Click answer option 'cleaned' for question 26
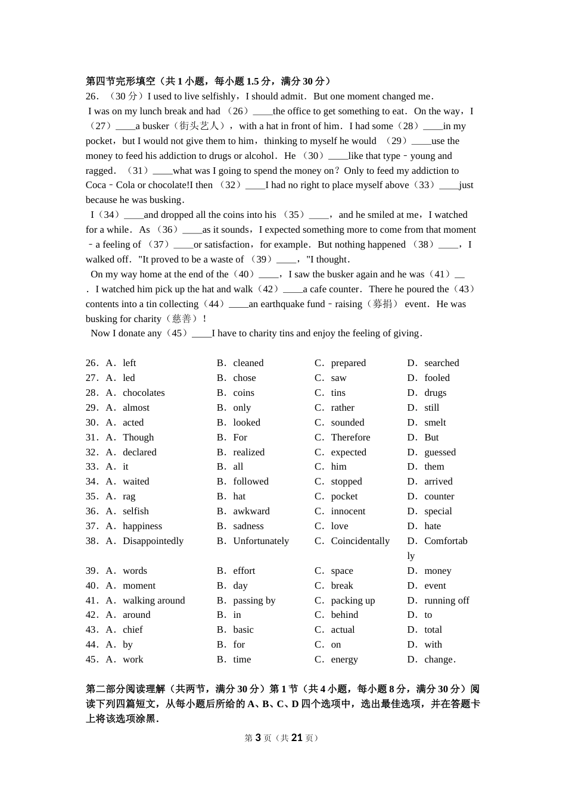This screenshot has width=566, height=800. (x=248, y=363)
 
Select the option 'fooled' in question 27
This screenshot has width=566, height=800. (x=437, y=378)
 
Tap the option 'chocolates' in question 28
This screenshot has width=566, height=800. (x=144, y=393)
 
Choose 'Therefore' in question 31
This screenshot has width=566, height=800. (x=350, y=437)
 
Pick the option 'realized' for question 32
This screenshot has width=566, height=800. (x=248, y=452)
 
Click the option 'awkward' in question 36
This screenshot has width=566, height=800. (x=251, y=511)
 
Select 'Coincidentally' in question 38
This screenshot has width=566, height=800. (x=360, y=541)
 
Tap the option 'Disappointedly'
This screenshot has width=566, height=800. (x=153, y=541)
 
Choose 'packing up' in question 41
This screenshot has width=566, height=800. (x=353, y=601)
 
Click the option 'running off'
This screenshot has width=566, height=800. (x=446, y=601)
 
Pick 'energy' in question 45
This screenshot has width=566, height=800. (x=344, y=660)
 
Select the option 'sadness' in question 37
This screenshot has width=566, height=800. (x=248, y=526)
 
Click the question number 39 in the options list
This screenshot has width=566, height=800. (x=92, y=571)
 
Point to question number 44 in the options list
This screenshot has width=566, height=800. (x=92, y=645)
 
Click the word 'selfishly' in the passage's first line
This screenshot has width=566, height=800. (x=216, y=96)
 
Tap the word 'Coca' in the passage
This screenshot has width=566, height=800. (x=96, y=185)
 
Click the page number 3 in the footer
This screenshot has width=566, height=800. (x=258, y=738)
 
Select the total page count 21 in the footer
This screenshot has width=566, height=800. (x=297, y=738)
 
